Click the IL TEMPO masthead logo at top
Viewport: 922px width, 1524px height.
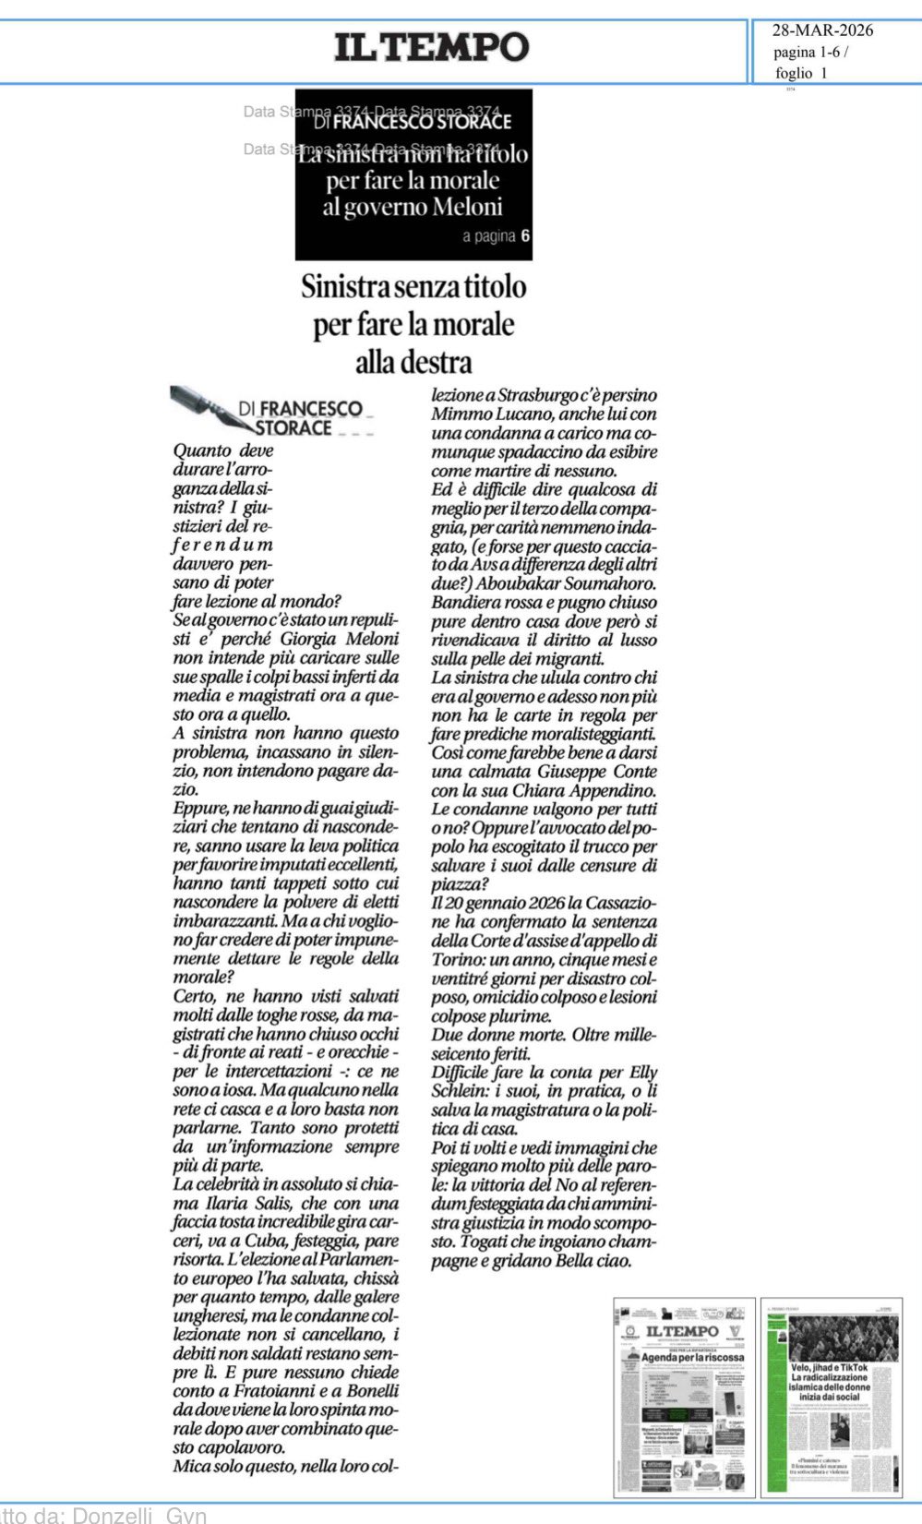tap(431, 46)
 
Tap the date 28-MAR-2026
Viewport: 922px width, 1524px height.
tap(822, 30)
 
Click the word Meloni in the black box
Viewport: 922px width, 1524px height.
tap(457, 207)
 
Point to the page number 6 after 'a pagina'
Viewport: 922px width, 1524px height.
tap(525, 235)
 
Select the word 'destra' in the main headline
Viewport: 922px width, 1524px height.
tap(413, 363)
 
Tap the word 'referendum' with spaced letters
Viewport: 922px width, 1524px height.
tap(222, 545)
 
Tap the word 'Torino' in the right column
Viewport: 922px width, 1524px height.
tap(460, 960)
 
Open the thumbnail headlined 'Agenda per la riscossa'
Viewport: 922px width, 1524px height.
tap(684, 1396)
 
